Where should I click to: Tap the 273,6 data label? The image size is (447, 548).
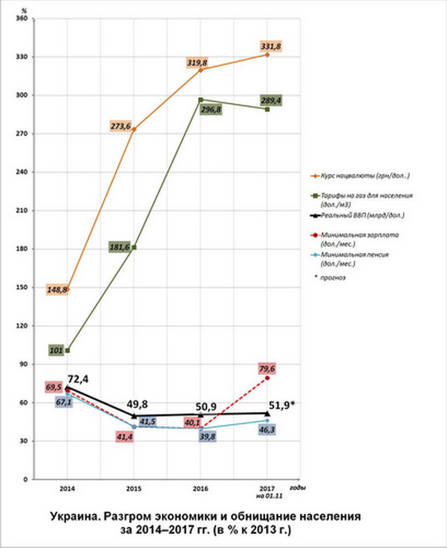click(121, 126)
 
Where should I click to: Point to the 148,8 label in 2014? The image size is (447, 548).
click(57, 289)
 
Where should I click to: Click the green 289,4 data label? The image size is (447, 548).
click(271, 101)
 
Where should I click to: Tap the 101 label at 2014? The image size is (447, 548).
click(56, 350)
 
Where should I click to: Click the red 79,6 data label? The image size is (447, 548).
click(268, 369)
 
